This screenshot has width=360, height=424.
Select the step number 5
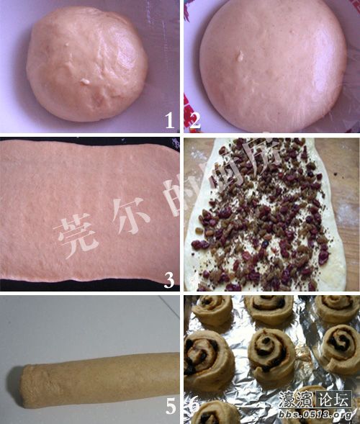pos(170,407)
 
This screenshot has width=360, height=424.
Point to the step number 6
pos(194,407)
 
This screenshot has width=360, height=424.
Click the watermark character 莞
pos(76,235)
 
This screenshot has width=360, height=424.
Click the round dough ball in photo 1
pos(86,65)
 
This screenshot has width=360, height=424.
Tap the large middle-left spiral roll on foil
pos(209,359)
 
